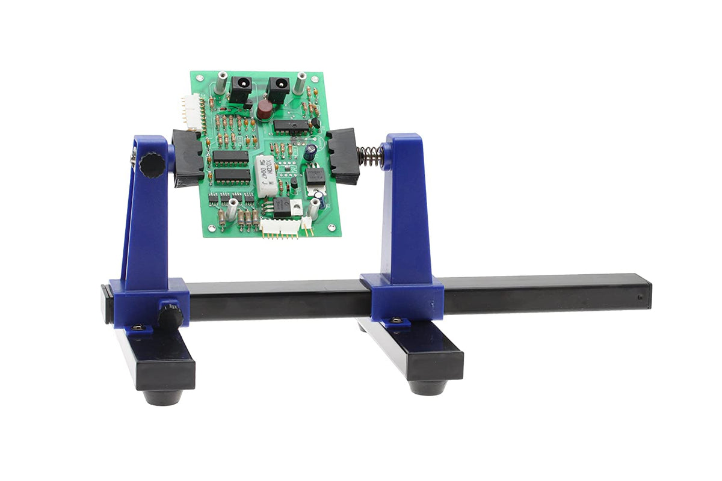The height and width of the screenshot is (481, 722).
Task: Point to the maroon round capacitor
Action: [264, 110]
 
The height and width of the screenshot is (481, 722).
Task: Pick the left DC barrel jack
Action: [241, 88]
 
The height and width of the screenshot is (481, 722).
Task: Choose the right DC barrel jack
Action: [278, 90]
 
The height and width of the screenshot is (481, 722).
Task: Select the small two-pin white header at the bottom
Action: [306, 223]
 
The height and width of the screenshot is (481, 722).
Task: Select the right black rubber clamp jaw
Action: [344, 156]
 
